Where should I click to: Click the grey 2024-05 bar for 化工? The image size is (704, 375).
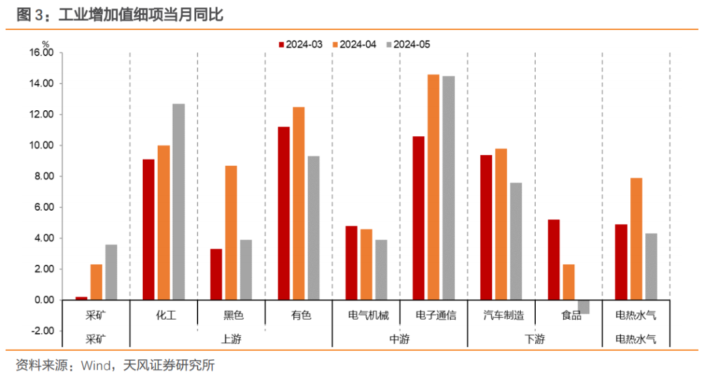[179, 202]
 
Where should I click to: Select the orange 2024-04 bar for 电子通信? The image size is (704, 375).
[433, 187]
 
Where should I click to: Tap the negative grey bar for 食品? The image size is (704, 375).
[583, 307]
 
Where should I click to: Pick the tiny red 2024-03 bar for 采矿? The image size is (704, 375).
[81, 298]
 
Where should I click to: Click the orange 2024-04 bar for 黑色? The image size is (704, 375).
[231, 233]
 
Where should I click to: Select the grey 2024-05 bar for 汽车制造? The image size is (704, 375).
[516, 241]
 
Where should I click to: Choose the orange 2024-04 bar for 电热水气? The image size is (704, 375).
[636, 239]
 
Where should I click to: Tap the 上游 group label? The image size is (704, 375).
[231, 339]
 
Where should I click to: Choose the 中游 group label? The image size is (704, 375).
[400, 339]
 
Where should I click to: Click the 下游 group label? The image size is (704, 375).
[535, 339]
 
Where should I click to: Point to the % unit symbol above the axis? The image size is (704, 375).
[46, 44]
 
